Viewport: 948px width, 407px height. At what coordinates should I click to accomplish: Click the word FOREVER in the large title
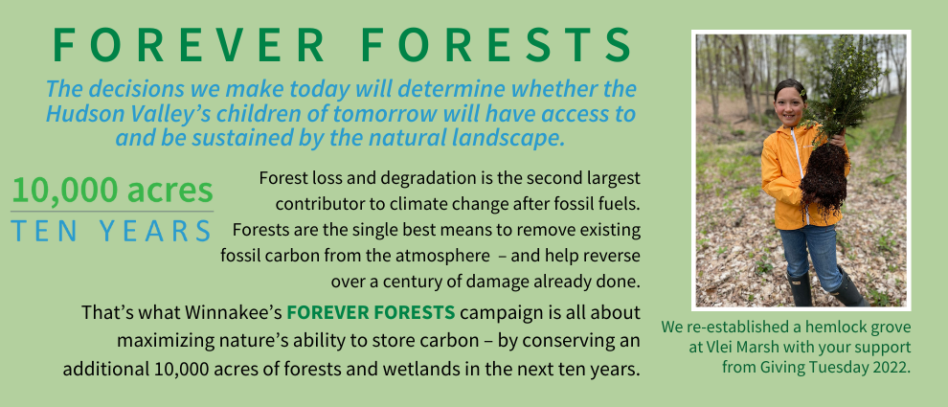tap(189, 45)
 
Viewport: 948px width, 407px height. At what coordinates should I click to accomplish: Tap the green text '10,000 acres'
tap(112, 190)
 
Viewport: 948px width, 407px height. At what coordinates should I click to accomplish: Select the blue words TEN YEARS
tap(111, 231)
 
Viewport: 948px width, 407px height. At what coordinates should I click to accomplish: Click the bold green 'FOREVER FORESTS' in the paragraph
tap(371, 313)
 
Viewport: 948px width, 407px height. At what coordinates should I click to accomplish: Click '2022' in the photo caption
tap(892, 368)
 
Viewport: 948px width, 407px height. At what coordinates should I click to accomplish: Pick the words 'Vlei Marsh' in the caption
tap(734, 348)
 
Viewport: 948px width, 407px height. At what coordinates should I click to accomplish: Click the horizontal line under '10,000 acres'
tap(112, 212)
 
